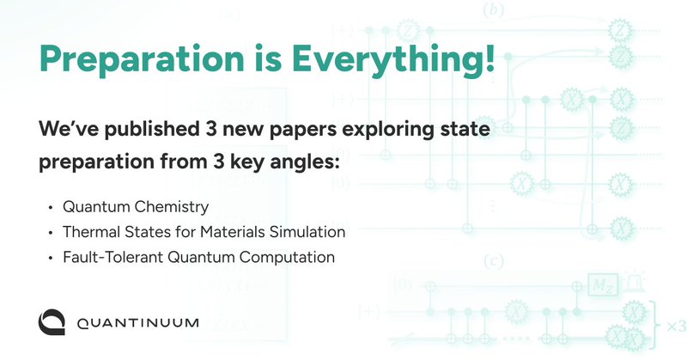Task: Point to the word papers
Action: click(310, 131)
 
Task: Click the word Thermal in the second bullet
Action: click(88, 232)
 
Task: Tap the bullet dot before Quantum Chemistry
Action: click(51, 208)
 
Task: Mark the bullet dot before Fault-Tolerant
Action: click(51, 256)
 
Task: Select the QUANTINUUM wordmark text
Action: click(137, 323)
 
